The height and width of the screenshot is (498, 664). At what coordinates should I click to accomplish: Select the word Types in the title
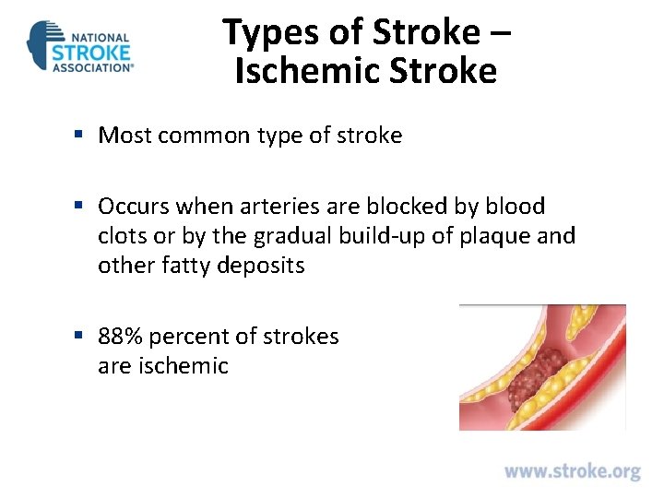click(x=262, y=32)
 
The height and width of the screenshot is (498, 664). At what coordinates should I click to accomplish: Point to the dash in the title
click(x=500, y=34)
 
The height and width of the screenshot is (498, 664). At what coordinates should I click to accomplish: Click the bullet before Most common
click(x=80, y=136)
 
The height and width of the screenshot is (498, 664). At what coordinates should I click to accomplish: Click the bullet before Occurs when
click(x=80, y=206)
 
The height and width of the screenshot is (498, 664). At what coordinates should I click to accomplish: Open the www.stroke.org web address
click(x=572, y=471)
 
